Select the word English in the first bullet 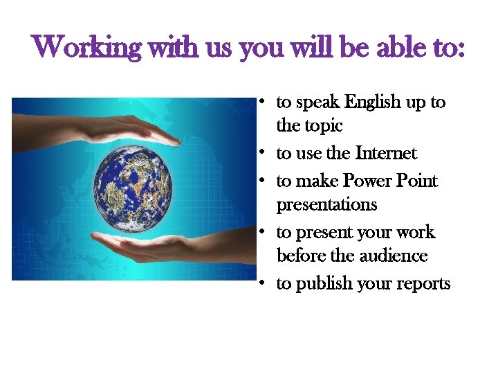point(373,103)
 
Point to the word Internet point(386,153)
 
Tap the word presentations point(326,205)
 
